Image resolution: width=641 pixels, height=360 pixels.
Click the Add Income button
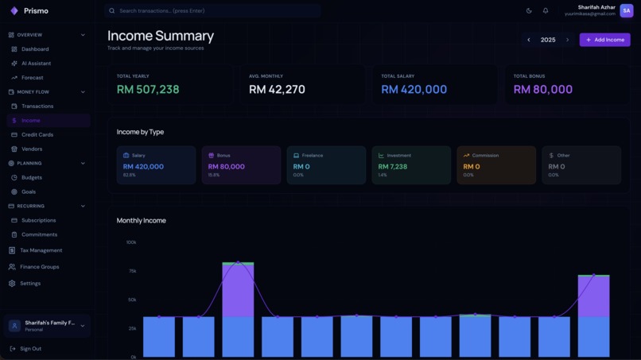[604, 40]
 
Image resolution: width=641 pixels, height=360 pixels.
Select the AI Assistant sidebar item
[36, 64]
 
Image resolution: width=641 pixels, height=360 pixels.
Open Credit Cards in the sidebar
[37, 134]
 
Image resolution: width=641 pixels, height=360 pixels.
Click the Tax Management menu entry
[41, 250]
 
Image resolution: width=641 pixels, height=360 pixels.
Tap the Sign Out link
[30, 349]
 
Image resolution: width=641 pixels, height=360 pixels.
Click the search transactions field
[212, 11]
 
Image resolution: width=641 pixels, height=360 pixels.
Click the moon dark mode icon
[529, 11]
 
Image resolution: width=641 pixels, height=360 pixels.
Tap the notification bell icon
[546, 11]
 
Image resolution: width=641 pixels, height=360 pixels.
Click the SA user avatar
[626, 10]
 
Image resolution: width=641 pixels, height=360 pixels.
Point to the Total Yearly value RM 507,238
[148, 90]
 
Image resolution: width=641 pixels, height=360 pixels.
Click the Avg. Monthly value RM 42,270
[277, 90]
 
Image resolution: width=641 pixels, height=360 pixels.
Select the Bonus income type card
[241, 165]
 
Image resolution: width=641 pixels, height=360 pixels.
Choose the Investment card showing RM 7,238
[411, 165]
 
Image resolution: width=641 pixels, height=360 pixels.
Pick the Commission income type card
[496, 165]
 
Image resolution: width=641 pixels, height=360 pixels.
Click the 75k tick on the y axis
[131, 271]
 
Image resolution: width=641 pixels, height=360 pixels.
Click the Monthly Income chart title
[142, 220]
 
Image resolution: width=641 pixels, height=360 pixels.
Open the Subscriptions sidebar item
[38, 220]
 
